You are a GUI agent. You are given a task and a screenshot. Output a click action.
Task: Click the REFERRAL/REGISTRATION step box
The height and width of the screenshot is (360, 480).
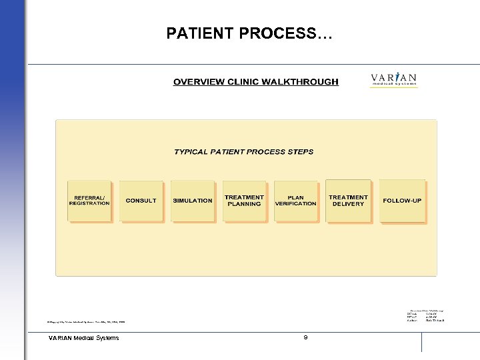click(x=89, y=201)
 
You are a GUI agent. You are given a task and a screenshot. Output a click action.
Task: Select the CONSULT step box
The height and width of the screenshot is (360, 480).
click(x=141, y=201)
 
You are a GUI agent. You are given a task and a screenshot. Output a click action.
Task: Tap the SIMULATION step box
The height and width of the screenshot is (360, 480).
click(x=193, y=201)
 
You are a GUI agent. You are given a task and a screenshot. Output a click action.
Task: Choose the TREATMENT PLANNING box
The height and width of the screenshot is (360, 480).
click(x=244, y=201)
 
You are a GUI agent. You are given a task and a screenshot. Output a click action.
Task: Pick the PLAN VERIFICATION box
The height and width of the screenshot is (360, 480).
click(x=295, y=201)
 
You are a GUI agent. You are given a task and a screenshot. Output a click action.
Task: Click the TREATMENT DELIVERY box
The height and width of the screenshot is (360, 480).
click(x=348, y=200)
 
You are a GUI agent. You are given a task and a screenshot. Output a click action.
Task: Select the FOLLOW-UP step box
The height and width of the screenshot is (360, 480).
click(x=402, y=201)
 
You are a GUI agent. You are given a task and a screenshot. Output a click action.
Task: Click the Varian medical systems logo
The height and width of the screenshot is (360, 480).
click(x=394, y=80)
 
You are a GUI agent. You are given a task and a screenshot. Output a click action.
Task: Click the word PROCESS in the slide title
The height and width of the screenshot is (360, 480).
click(x=271, y=33)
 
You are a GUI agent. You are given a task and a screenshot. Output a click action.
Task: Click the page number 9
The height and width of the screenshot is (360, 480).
click(x=305, y=338)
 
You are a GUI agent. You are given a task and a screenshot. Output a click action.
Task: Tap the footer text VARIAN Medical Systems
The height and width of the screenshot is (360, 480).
click(x=84, y=338)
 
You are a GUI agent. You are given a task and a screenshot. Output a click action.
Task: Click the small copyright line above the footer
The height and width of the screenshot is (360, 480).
click(x=86, y=321)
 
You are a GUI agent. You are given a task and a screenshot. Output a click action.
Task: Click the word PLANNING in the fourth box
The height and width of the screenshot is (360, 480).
click(x=244, y=204)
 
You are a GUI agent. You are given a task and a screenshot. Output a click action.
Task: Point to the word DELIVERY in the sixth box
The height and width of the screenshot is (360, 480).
click(x=348, y=204)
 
